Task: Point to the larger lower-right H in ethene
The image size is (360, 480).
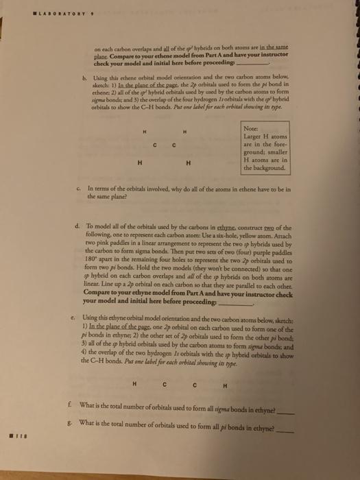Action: [188, 162]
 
